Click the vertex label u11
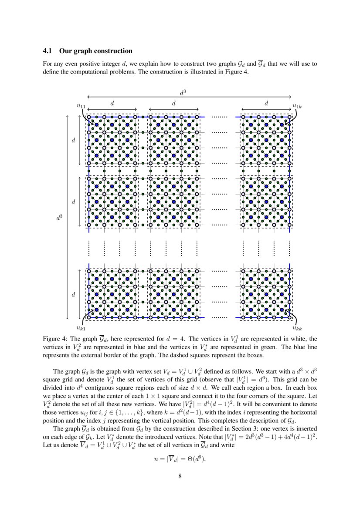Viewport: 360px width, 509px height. coord(81,106)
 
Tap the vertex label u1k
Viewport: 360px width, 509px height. coord(297,106)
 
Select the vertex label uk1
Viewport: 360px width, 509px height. coord(81,328)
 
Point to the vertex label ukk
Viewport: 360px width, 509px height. coord(297,328)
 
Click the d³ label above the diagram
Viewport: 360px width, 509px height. coord(182,92)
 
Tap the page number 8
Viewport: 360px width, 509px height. coord(180,475)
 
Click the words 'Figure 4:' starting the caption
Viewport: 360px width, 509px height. coord(55,339)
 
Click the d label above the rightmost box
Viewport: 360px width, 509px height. coord(266,104)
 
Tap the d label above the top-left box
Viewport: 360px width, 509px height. coord(112,104)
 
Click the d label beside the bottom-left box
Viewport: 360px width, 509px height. coord(73,295)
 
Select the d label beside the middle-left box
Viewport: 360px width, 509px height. coord(73,202)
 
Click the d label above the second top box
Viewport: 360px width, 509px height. coord(174,104)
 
